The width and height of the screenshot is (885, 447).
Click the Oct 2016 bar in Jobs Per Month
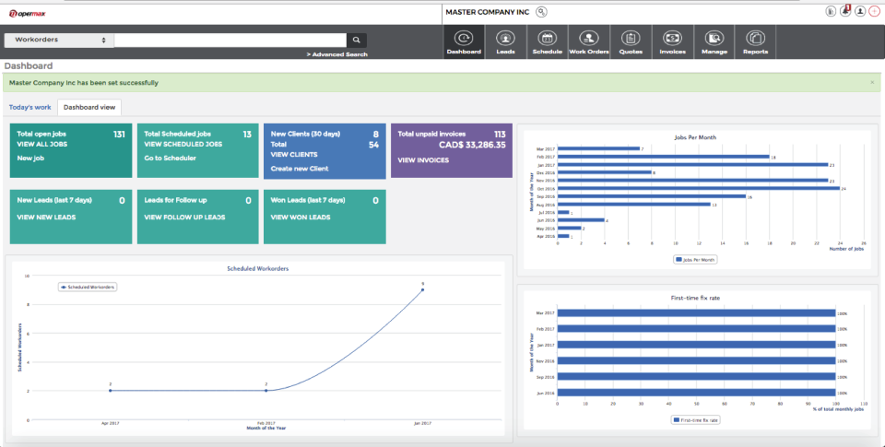click(701, 188)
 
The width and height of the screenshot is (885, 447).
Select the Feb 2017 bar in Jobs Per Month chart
click(664, 157)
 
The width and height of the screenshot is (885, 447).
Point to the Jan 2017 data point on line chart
click(422, 289)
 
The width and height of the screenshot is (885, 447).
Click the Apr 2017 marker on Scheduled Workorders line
click(110, 391)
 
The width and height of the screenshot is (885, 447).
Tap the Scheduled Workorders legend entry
click(88, 287)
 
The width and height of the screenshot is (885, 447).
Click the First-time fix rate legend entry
click(696, 419)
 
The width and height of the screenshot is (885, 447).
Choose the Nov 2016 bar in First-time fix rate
click(696, 360)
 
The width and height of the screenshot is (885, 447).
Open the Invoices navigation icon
click(672, 42)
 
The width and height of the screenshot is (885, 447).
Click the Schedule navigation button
click(547, 42)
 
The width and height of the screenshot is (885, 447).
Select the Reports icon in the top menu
click(756, 42)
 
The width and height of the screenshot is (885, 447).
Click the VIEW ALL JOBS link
click(42, 145)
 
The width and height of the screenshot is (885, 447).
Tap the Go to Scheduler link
click(170, 158)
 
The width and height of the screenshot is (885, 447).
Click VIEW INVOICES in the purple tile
click(423, 159)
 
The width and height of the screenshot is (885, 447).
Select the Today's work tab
click(29, 107)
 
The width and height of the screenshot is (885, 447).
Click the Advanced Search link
click(337, 54)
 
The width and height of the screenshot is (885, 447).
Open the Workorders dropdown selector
click(58, 41)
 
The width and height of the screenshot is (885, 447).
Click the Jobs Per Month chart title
click(695, 136)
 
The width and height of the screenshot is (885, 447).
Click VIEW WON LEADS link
click(301, 217)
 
